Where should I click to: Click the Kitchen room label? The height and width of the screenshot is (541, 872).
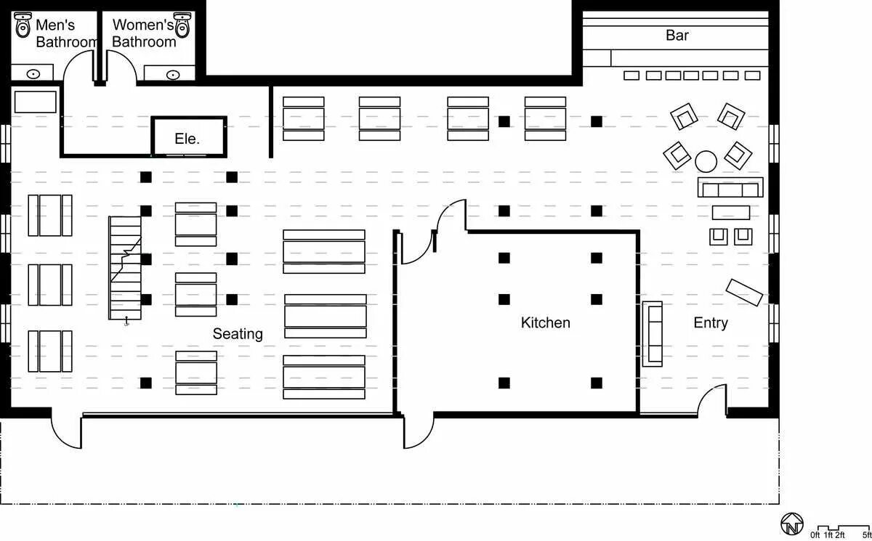546,323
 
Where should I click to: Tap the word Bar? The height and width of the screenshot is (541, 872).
677,36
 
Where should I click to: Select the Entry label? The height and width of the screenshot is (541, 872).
711,323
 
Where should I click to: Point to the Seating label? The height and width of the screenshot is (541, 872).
238,334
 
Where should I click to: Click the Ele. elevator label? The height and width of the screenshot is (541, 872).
187,139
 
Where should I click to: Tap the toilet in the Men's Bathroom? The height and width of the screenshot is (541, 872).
23,25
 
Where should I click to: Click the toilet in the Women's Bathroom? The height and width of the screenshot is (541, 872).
182,25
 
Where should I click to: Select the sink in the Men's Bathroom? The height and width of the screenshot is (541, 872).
33,74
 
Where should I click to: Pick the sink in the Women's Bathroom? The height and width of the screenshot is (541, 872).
173,75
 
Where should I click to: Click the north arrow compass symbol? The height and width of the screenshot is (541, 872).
792,524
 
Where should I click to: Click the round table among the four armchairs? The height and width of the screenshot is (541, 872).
706,161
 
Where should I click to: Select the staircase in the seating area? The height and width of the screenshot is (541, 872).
125,268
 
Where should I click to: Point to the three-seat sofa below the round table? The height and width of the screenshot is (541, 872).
730,187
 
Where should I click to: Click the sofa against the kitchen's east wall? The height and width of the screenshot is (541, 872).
653,334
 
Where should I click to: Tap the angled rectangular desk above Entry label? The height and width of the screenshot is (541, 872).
744,293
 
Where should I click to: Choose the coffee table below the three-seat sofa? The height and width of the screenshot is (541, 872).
731,213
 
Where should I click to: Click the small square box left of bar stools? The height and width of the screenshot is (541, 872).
597,58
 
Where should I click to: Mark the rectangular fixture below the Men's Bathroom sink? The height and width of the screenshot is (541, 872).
36,102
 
